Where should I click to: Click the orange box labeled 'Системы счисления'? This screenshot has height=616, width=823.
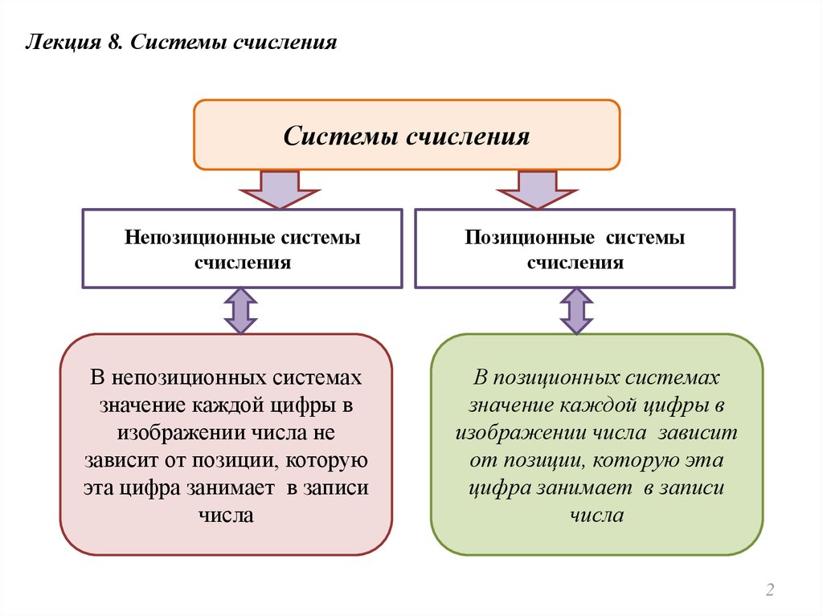coord(407,135)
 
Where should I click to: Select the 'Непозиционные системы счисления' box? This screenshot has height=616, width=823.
coord(242,248)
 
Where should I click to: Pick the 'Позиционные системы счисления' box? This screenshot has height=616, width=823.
coord(574,248)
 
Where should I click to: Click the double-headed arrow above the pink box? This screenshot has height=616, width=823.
coord(240,311)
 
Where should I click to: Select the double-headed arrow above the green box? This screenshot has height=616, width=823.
coord(575,311)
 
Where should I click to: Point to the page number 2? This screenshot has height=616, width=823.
coord(769,591)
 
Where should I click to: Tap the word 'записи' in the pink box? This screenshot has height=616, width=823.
coord(335,487)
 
